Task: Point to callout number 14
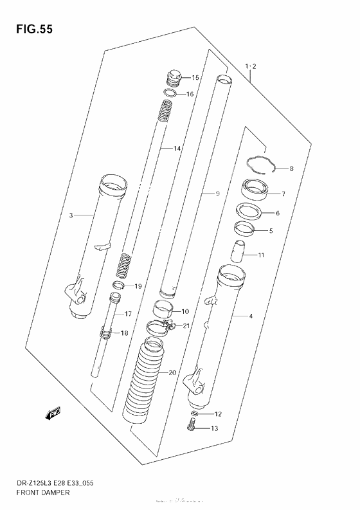coord(177,149)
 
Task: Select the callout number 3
coord(71,215)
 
